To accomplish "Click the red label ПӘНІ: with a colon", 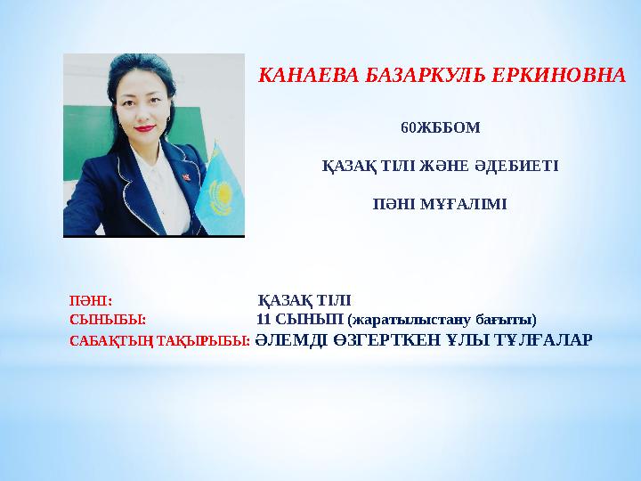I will (91, 300).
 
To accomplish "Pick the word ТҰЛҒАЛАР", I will (534, 339).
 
